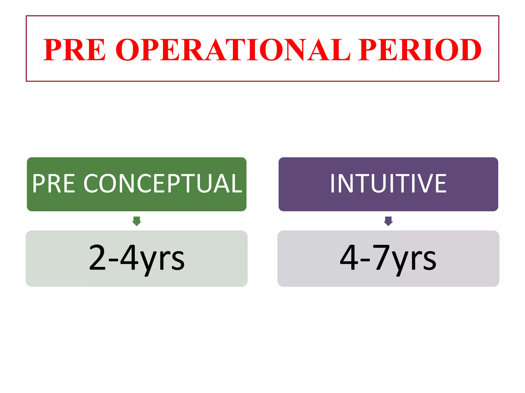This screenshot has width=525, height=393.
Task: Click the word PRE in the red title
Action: pyautogui.click(x=74, y=50)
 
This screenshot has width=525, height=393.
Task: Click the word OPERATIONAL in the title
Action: pyautogui.click(x=233, y=50)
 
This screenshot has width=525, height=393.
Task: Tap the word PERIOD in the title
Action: pyautogui.click(x=420, y=50)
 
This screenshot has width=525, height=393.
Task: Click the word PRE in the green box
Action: pyautogui.click(x=54, y=183)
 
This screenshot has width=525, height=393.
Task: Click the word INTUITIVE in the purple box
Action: pyautogui.click(x=388, y=183)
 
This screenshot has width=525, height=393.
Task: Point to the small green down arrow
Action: pyautogui.click(x=137, y=221)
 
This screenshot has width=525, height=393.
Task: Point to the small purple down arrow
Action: pyautogui.click(x=388, y=221)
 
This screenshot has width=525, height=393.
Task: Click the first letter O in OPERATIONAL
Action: pyautogui.click(x=127, y=50)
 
